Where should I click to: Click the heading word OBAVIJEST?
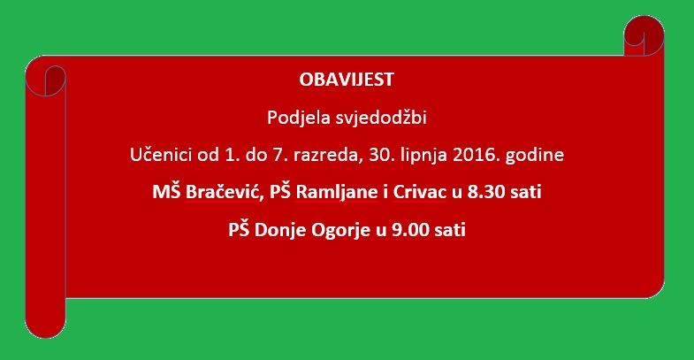pos(347,80)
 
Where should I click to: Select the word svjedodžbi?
pos(381,118)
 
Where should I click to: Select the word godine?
pos(535,155)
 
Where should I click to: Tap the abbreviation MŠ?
pos(166,192)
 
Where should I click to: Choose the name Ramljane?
pos(337,193)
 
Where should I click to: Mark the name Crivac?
pos(420,192)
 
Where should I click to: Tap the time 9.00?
pos(411,230)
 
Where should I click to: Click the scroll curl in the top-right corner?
pos(644,35)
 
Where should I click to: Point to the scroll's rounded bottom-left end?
pos(46,326)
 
